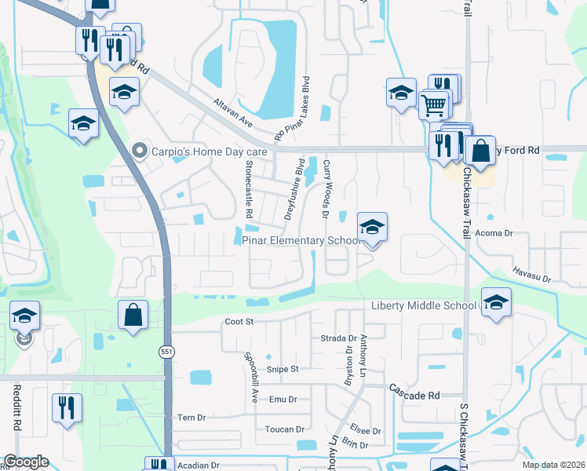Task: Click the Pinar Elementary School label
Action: tap(301, 241)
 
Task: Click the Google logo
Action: tap(26, 462)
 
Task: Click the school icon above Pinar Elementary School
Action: tap(372, 228)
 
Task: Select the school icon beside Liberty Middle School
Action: tap(496, 302)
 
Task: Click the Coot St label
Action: tap(239, 321)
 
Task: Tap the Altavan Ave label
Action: tap(232, 112)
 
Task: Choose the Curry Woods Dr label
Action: tap(325, 191)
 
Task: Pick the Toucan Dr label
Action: tap(284, 429)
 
